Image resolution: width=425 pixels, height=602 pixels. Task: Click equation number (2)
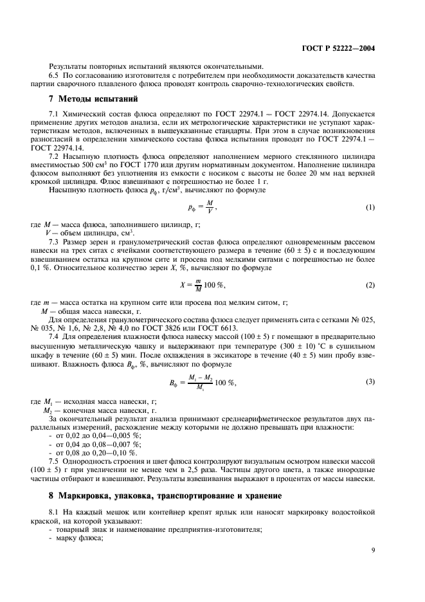click(370, 284)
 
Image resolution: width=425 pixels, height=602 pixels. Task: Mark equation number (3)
click(370, 381)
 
